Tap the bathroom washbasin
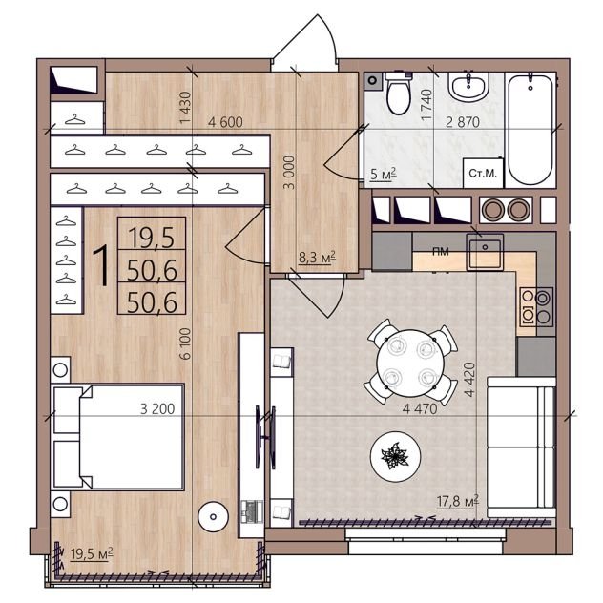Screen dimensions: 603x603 coord(468,86)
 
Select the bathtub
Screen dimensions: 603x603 coord(530,130)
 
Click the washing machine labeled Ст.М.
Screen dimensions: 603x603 coord(483,173)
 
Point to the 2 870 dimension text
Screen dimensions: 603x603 coord(462,122)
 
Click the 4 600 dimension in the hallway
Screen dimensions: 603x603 coord(225,122)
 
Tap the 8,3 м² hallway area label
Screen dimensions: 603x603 coord(318,257)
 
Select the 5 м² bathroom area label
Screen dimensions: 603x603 coord(383,175)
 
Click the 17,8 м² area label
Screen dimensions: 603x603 coord(458,502)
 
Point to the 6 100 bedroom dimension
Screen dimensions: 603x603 coord(185,343)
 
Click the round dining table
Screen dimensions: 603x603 coord(410,364)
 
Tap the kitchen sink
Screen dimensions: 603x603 coord(485,252)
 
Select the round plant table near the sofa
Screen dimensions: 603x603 coord(395,456)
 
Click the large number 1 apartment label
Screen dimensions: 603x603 coord(102,266)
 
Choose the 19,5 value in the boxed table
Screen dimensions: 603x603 coord(151,238)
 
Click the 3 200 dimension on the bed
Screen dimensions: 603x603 coord(157,408)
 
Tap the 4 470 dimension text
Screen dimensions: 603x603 coord(420,408)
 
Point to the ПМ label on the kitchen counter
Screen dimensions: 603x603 coord(441,252)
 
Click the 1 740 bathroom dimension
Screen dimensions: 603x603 coord(426,105)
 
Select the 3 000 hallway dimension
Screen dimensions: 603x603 coord(289,173)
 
